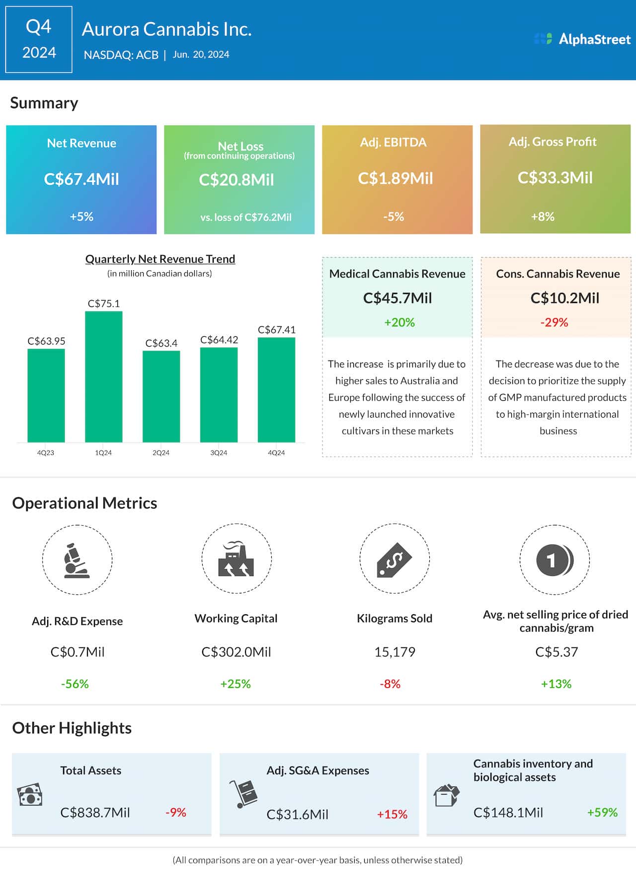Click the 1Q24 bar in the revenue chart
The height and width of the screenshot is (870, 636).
point(103,376)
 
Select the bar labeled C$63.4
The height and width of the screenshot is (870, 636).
point(161,396)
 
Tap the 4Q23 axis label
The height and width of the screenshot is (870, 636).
point(46,453)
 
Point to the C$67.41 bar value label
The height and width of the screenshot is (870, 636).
point(276,330)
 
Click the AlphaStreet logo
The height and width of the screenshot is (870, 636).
point(582,39)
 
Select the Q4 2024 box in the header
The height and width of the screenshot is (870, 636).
point(39,40)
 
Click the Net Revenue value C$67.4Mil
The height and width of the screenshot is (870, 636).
point(81,179)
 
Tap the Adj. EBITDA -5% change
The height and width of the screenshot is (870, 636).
point(394,217)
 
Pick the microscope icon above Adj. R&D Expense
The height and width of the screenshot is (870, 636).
point(77,560)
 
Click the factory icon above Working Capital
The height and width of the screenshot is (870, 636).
point(236,559)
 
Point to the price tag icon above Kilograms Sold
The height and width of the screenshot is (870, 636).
point(394,559)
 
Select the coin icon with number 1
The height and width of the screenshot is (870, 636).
point(555,560)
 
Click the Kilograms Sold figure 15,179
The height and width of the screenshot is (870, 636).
point(395,652)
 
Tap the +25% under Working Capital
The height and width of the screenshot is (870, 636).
point(236,684)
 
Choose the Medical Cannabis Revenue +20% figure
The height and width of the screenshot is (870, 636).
point(399,322)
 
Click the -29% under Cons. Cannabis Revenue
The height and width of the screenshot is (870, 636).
point(554,322)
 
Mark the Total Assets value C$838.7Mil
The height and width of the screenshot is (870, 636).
point(95,812)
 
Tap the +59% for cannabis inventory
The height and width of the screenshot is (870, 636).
point(602,812)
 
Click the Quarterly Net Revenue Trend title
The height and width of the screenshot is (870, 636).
point(160,259)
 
